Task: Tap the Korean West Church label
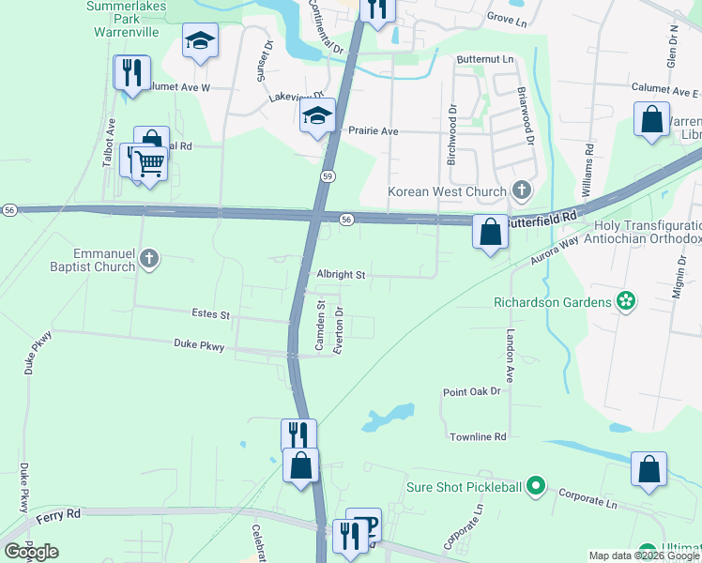coord(448,191)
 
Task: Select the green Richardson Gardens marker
coord(625,302)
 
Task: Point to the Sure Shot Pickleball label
coord(463,486)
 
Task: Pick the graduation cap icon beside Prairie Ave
coord(317,116)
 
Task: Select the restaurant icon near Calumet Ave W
coord(131,71)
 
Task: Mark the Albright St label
coord(340,275)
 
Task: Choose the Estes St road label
coord(210,314)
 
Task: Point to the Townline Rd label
coord(478,437)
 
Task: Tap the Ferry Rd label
coord(59,514)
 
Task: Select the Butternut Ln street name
coord(486,59)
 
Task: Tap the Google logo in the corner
coord(31,552)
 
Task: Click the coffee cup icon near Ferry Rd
coord(366,525)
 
